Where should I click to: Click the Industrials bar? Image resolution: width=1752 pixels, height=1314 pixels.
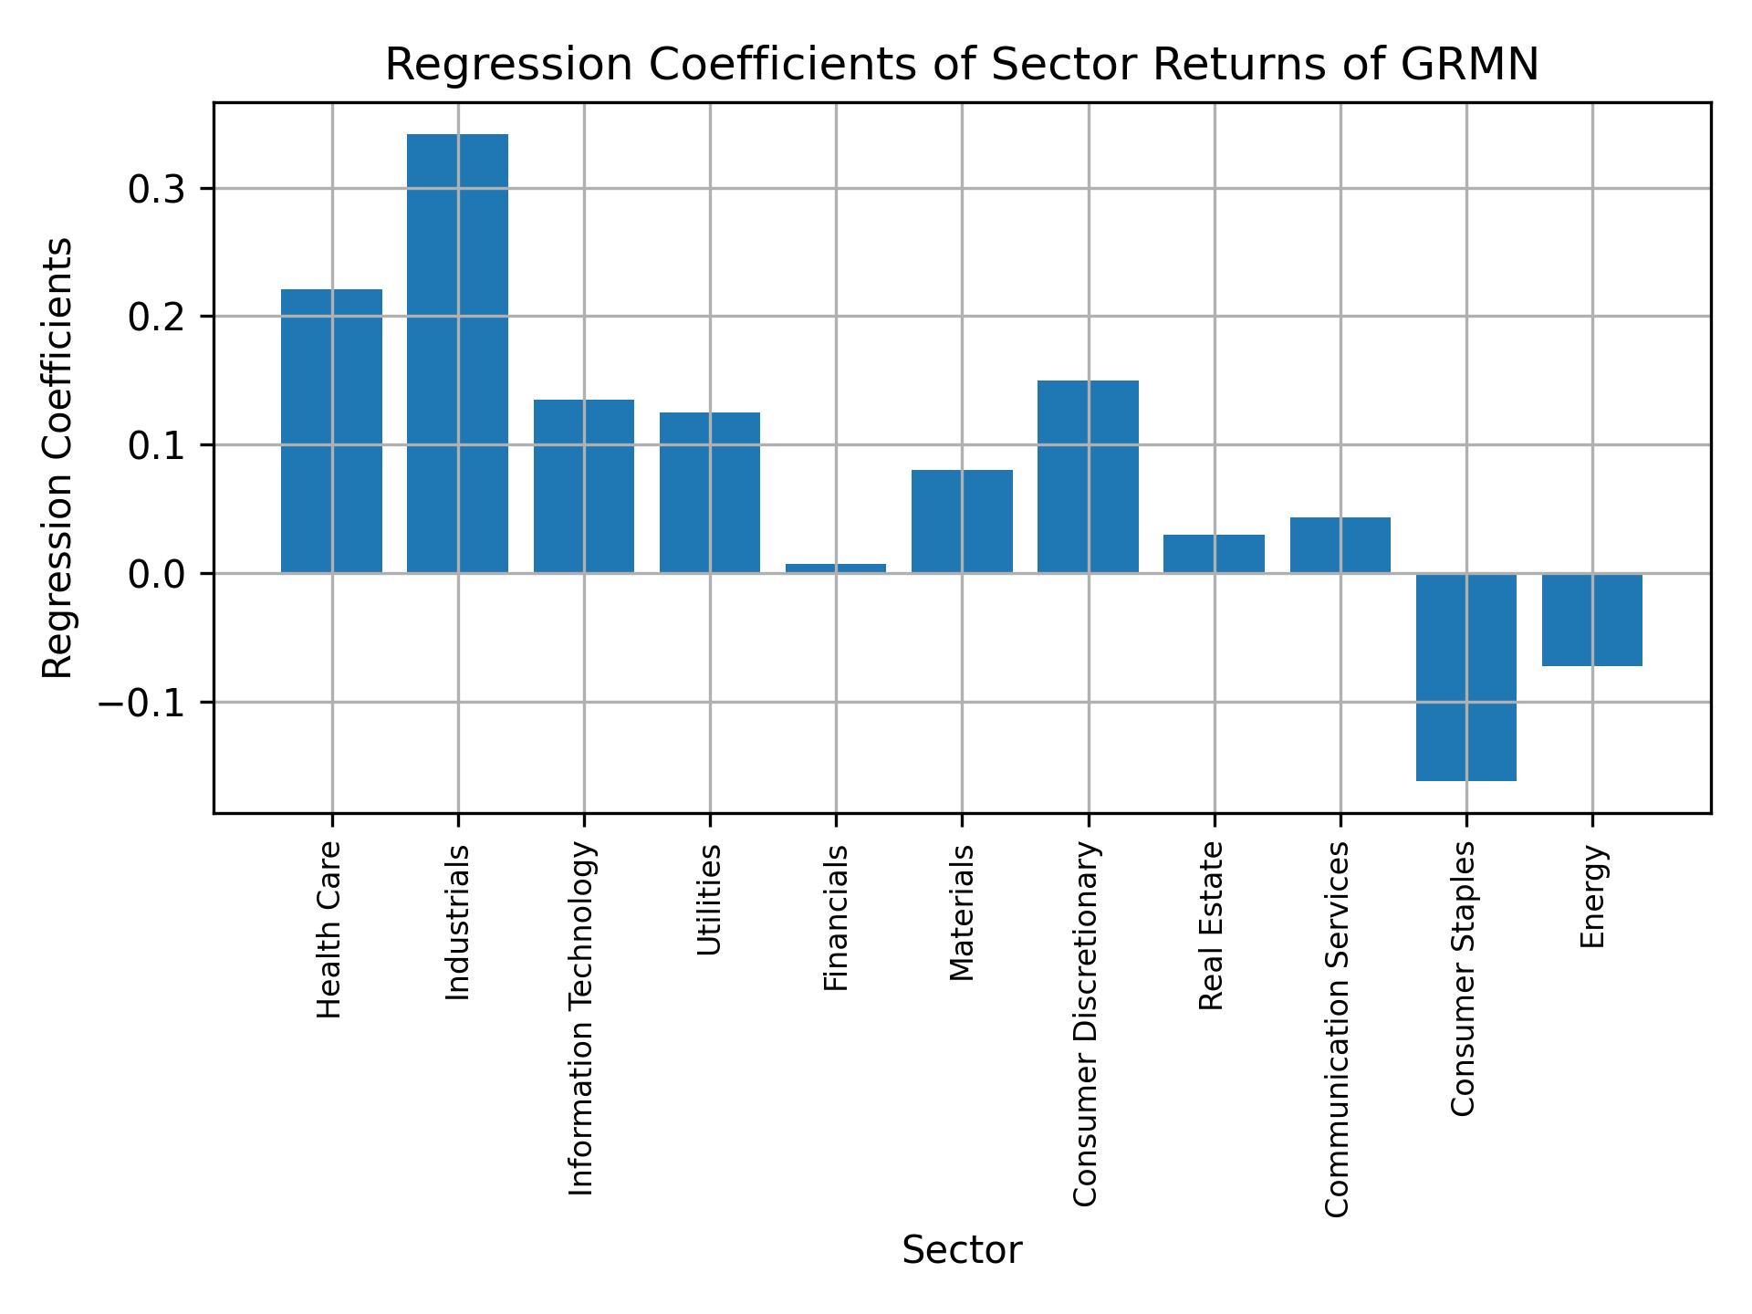457,353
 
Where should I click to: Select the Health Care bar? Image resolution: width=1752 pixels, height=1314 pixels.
331,431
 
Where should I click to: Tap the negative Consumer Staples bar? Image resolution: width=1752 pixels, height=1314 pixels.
1465,676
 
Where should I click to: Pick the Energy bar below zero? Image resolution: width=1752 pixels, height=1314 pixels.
1591,620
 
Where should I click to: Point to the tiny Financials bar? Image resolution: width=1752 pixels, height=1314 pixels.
835,568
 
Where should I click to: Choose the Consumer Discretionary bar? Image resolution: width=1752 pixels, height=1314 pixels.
1088,476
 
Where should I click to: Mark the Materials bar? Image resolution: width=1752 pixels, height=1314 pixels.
962,521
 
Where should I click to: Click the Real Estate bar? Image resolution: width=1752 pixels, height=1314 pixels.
1214,554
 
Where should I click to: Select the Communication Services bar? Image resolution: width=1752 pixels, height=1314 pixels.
1340,545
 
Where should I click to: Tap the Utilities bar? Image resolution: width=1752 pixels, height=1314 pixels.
709,493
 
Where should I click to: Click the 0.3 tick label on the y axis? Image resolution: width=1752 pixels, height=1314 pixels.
157,190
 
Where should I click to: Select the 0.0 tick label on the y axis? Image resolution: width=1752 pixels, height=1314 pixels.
157,575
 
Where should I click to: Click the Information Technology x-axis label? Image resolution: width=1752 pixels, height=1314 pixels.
582,1018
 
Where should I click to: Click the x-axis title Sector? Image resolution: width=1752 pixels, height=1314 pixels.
962,1250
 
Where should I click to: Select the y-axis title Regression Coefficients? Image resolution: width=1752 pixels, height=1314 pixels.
58,458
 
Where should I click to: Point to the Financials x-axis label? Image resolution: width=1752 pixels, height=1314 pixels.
836,918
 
